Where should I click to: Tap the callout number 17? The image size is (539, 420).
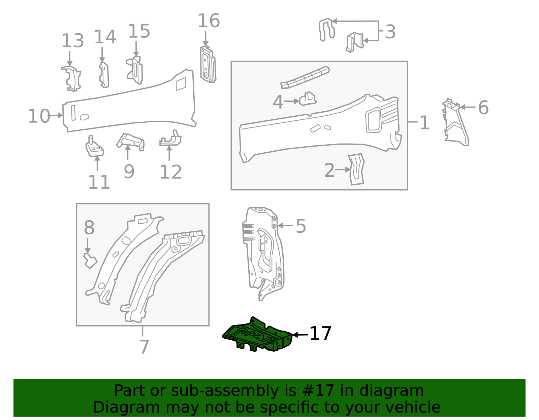coord(320,334)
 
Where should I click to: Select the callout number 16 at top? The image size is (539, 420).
coord(209,21)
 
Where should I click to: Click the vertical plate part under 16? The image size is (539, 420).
coord(208,65)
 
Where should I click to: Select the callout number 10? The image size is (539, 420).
coord(39,116)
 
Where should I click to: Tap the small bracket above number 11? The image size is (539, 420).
coord(94,148)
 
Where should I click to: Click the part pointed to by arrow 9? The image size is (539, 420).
coord(131,141)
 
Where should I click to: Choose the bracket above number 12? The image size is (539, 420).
coord(171,139)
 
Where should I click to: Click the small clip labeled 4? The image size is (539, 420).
coord(308,99)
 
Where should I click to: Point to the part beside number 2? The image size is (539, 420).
coord(356,169)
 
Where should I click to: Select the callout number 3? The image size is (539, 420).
coord(390,32)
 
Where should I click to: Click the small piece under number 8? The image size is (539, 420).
coord(90,261)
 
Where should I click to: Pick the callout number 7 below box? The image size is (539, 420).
coord(144,347)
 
